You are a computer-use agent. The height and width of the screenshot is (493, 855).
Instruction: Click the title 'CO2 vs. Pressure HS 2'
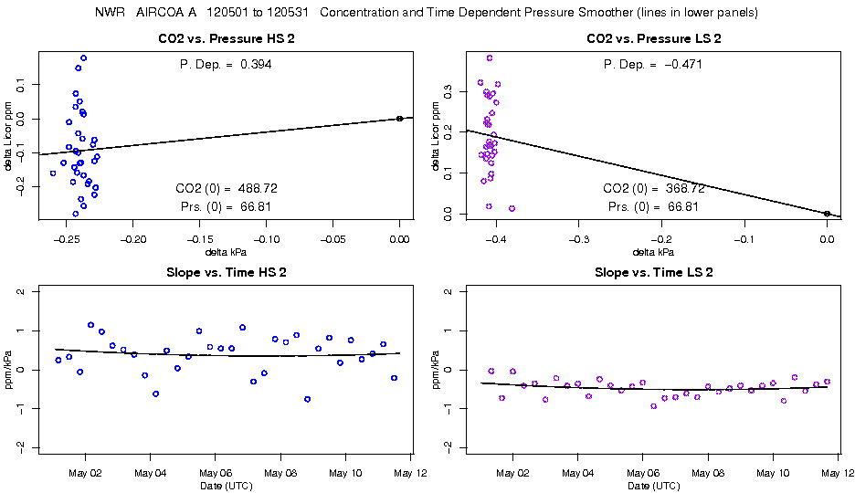(x=227, y=39)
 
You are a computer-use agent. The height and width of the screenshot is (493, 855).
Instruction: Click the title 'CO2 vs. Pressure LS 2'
(x=653, y=39)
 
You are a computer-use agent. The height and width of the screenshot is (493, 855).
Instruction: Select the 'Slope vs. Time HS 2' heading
(x=227, y=272)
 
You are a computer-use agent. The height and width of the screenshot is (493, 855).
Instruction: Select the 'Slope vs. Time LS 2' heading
(x=653, y=272)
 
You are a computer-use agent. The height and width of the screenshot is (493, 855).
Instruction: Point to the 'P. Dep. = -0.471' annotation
(x=653, y=65)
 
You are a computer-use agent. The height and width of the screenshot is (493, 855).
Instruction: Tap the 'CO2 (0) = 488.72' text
(x=227, y=188)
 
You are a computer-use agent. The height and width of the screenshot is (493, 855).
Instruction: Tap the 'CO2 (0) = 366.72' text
(x=653, y=188)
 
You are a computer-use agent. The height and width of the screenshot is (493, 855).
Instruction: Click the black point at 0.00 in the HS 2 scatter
(x=400, y=119)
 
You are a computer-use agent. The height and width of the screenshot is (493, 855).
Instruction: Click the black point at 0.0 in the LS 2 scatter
(x=827, y=214)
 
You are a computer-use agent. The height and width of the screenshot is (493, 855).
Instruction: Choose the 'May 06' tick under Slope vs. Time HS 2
(x=214, y=473)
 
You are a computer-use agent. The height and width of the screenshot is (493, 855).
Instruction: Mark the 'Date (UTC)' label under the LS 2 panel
(x=653, y=486)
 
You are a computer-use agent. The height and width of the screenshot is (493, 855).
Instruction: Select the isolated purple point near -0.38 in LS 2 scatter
(x=512, y=208)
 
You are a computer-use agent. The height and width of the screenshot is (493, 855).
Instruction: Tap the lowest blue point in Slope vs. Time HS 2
(x=308, y=399)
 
